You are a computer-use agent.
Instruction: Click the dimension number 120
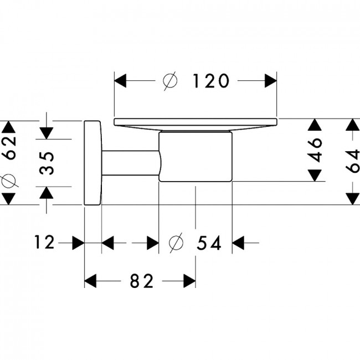coord(211,81)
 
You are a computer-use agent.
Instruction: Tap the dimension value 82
coord(142,281)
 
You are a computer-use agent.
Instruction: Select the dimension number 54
coord(209,243)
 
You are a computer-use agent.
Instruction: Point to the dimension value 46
coord(315,150)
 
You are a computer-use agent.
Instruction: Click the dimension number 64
coord(352,161)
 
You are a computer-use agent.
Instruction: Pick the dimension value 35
coord(47,163)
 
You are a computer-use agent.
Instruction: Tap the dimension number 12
coord(44,242)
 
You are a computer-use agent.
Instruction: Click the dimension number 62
coord(9,147)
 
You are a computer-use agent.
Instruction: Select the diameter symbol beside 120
coord(170,81)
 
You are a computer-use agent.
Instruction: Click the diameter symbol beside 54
coord(176,243)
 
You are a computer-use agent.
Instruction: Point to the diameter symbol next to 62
coord(9,181)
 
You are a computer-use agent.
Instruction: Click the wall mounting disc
coord(92,162)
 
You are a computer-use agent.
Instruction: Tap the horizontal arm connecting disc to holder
coord(131,163)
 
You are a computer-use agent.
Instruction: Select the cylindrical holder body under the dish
coord(196,157)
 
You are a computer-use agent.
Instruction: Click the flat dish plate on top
coord(196,124)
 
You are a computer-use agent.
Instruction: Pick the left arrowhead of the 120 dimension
coord(120,81)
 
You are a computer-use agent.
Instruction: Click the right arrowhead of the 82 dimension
coord(189,281)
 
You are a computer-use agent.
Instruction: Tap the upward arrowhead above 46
coord(315,125)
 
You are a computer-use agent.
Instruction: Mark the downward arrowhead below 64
coord(353,199)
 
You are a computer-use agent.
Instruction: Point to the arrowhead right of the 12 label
coord(78,243)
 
